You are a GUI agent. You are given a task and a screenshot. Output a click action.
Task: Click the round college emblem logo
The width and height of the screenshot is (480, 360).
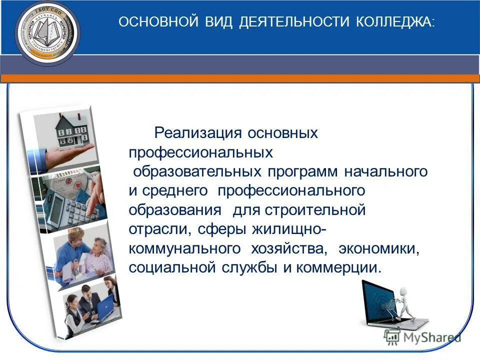click(x=47, y=32)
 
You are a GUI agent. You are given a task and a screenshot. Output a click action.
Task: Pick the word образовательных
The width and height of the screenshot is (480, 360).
click(x=197, y=171)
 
